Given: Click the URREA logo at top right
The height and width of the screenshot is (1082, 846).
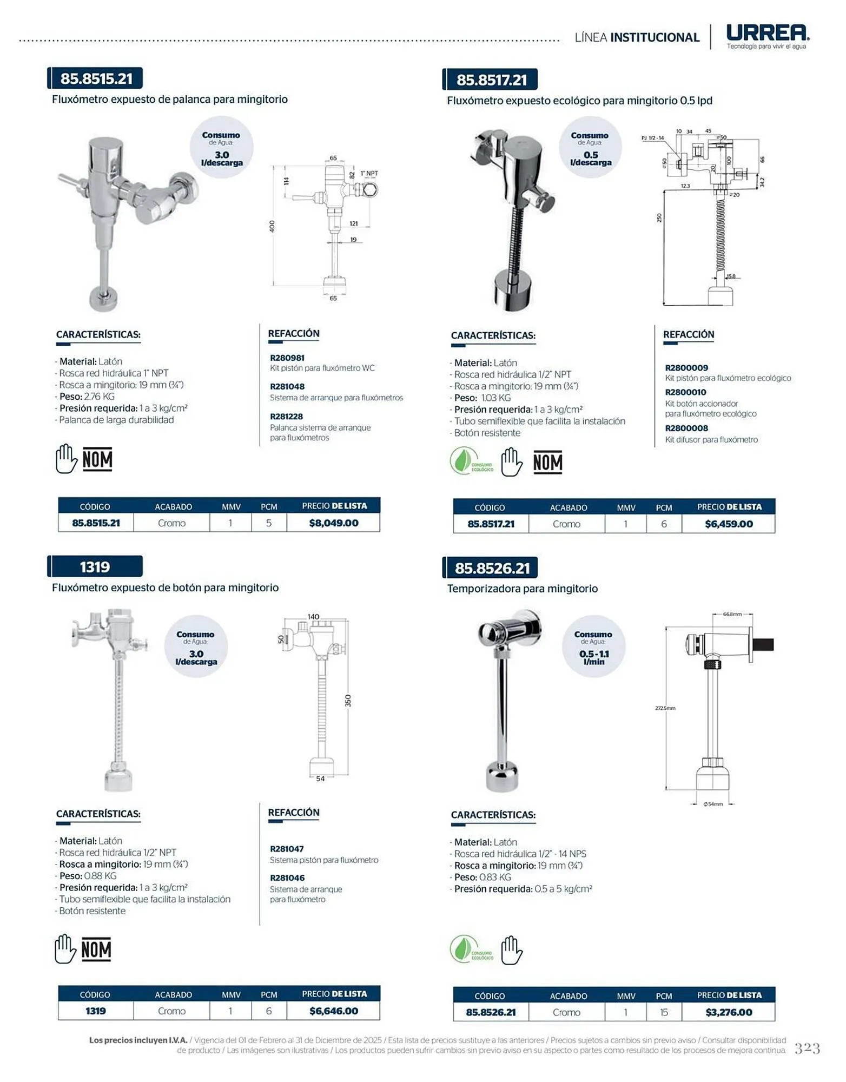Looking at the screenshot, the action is click(768, 36).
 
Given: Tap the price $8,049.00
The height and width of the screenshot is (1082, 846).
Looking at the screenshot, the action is click(334, 523).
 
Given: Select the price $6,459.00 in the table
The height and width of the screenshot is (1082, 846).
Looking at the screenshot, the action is click(729, 524).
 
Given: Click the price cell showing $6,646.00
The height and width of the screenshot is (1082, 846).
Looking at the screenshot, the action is click(334, 1011).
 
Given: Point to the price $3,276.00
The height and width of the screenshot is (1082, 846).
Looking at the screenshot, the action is click(729, 1012).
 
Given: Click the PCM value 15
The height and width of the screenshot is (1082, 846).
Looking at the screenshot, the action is click(664, 1012).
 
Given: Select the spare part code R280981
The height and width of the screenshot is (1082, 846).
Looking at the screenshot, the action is click(287, 358).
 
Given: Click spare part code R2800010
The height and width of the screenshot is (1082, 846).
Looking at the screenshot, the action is click(686, 392).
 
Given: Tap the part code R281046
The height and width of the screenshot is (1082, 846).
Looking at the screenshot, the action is click(287, 878).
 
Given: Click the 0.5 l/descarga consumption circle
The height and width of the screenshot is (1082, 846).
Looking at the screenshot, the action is click(590, 147).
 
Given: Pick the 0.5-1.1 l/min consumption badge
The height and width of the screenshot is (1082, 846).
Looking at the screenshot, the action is click(593, 646).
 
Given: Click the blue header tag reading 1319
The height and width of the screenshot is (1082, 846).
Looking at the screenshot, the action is click(95, 566).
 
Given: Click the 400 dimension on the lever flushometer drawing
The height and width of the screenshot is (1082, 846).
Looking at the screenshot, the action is click(272, 226).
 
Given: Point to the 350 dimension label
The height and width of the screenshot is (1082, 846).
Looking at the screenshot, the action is click(348, 701).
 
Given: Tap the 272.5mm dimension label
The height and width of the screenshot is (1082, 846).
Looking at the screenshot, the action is click(665, 708).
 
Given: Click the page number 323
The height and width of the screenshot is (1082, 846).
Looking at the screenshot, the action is click(807, 1048).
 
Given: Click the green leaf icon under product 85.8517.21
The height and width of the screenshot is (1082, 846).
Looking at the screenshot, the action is click(464, 461).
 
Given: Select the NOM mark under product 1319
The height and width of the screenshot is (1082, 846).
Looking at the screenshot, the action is click(96, 949).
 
